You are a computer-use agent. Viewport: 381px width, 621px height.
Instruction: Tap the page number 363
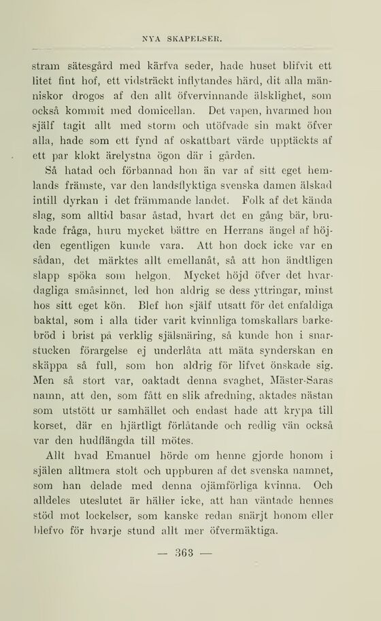pos(184,552)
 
